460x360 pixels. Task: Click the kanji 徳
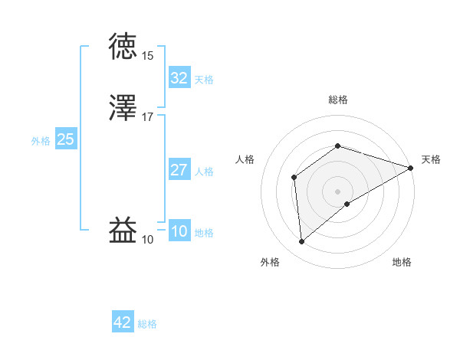(125, 47)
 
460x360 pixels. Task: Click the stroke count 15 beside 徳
(148, 56)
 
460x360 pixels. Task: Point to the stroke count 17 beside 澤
(148, 117)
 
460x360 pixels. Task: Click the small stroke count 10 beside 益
(148, 240)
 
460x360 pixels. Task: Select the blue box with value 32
(179, 78)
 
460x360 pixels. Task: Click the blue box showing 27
(179, 170)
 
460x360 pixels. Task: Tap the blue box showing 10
(179, 231)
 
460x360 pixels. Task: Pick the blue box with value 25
(65, 139)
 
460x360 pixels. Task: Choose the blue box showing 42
(122, 322)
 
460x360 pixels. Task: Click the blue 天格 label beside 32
(204, 80)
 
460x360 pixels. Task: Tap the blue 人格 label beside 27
(204, 172)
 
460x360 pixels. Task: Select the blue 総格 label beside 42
(147, 324)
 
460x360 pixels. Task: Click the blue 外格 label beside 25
(41, 141)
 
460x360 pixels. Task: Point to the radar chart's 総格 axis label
(337, 100)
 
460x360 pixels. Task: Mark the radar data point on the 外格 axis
(301, 242)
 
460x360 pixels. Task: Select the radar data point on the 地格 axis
(347, 204)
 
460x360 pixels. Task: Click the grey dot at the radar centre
(337, 191)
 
